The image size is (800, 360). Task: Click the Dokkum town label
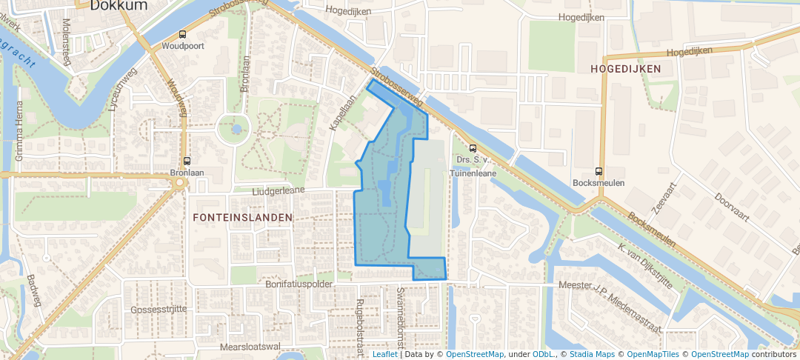(x=119, y=5)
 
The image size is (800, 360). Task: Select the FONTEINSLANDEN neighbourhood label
(x=242, y=218)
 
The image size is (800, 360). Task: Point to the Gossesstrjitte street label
(x=159, y=309)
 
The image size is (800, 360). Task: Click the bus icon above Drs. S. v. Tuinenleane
(x=473, y=147)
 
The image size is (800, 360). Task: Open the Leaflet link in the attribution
(x=384, y=354)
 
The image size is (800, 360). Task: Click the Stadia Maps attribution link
(x=591, y=354)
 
